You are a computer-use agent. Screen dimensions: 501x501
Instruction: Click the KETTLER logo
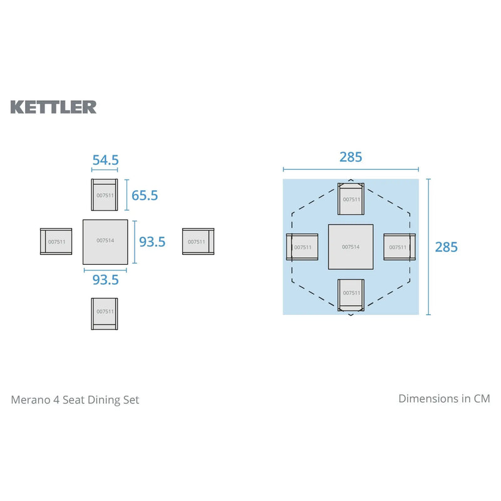click(53, 106)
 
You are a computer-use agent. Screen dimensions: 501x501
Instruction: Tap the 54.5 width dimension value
click(105, 160)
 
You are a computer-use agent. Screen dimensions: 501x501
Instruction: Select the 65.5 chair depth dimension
click(145, 195)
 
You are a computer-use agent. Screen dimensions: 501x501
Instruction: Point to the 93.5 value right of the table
click(152, 241)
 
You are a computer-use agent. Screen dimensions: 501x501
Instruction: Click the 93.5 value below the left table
click(105, 280)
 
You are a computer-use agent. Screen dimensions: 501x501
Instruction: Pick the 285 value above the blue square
click(351, 157)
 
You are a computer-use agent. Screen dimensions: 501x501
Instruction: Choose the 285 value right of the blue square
click(446, 247)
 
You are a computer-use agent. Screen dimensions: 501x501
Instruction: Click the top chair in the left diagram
click(105, 195)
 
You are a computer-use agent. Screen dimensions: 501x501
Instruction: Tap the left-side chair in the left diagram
click(56, 241)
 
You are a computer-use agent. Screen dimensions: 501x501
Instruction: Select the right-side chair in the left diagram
click(198, 241)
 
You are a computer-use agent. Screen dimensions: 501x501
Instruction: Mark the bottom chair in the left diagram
click(105, 312)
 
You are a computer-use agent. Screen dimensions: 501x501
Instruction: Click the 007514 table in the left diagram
click(105, 241)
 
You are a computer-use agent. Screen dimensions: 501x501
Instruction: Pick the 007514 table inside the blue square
click(351, 247)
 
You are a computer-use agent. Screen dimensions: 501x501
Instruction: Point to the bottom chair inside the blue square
click(351, 294)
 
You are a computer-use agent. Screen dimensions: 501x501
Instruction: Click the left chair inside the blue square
click(302, 247)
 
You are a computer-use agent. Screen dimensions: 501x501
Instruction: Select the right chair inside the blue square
click(398, 247)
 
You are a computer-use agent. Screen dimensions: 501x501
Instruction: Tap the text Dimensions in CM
click(444, 398)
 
